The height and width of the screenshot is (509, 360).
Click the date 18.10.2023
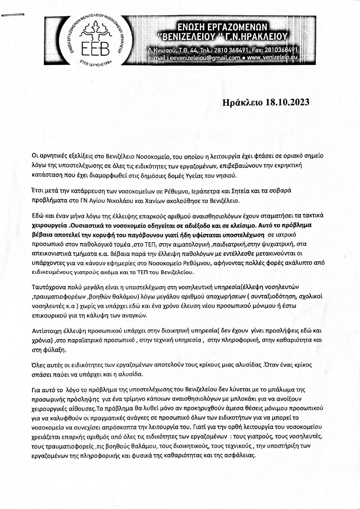click(x=288, y=103)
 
